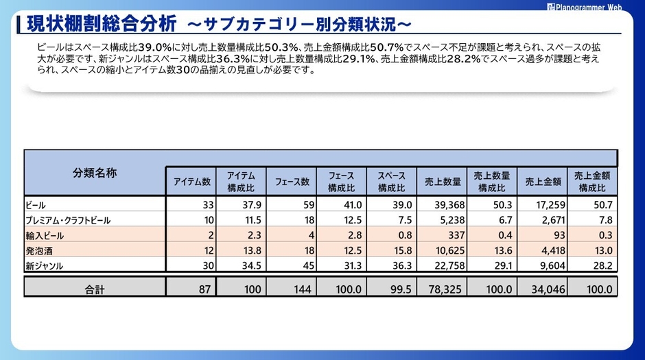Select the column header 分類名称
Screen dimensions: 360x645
click(x=95, y=173)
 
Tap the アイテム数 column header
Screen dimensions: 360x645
click(x=191, y=182)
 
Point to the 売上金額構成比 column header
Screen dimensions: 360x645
click(x=591, y=182)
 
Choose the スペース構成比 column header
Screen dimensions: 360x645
click(x=391, y=182)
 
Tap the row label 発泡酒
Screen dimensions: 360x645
click(x=40, y=250)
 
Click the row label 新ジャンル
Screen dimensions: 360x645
click(x=45, y=265)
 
